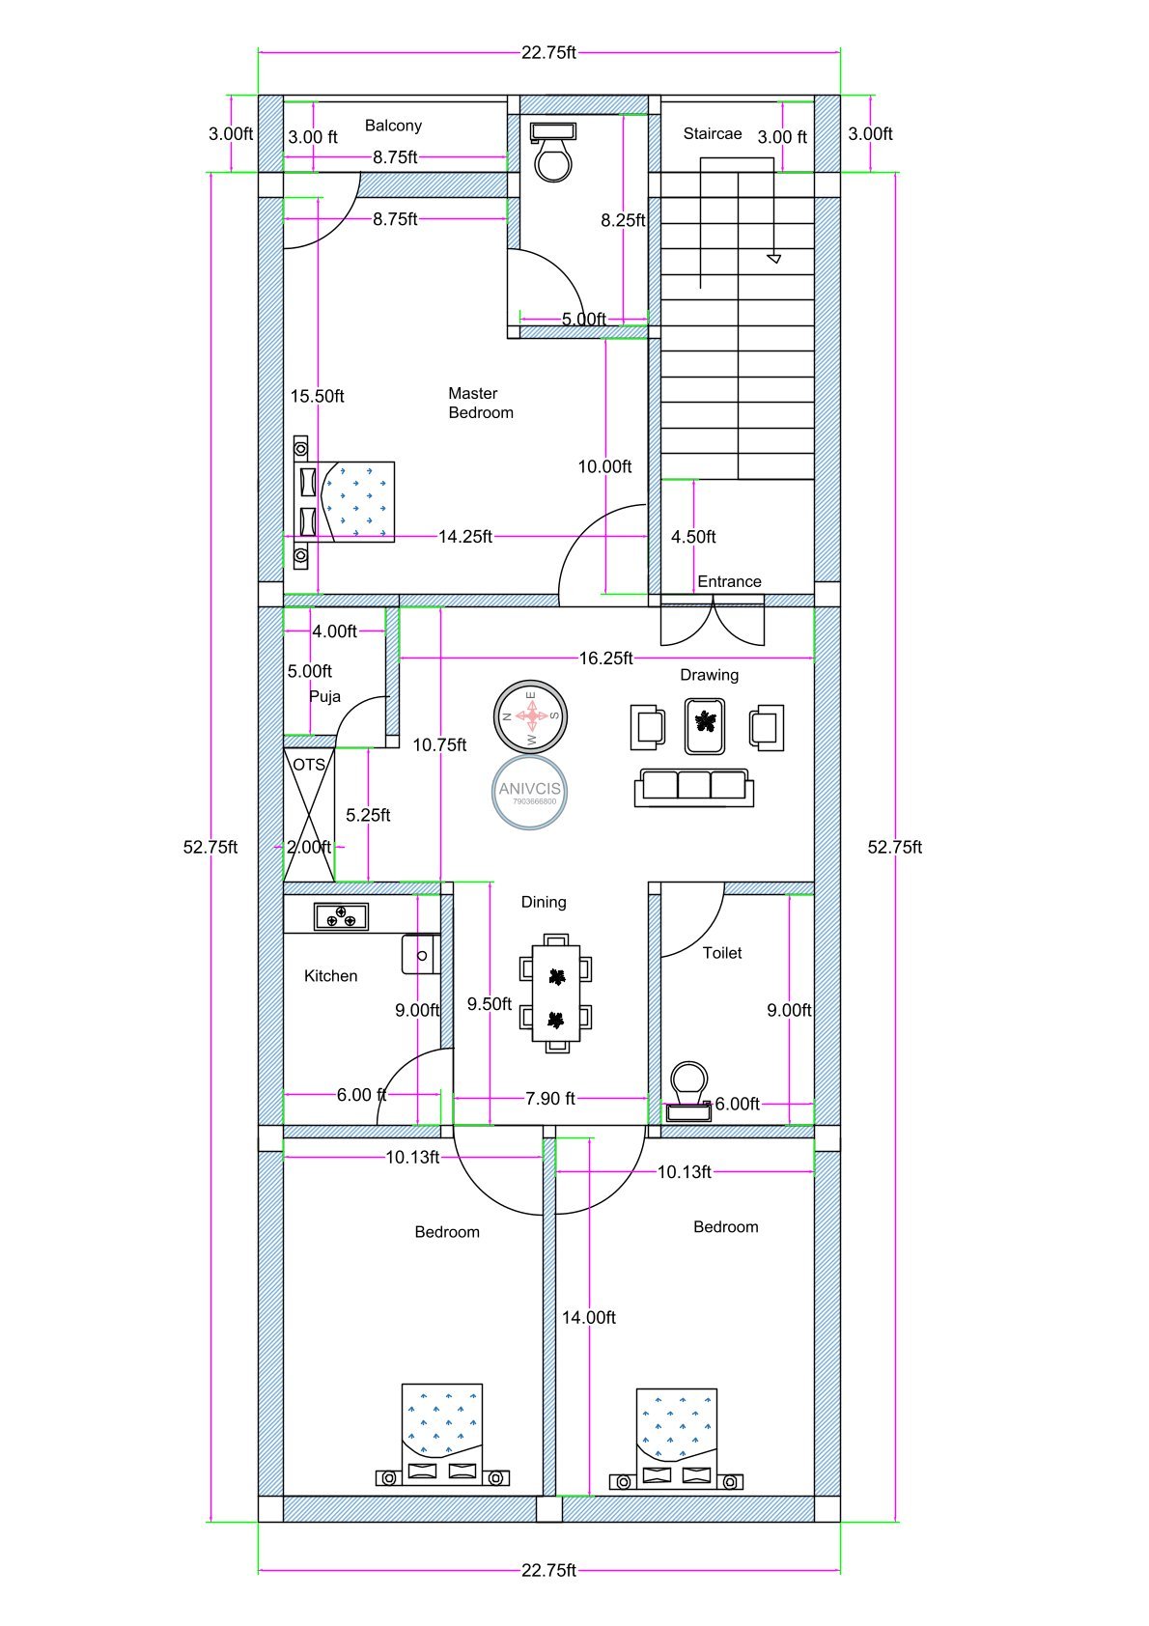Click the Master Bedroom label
click(480, 403)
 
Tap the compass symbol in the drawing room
click(530, 715)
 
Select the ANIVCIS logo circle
click(529, 792)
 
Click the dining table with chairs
click(555, 993)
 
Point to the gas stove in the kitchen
click(341, 916)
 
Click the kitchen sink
click(421, 954)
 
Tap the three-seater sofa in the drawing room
click(693, 786)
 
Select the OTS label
click(309, 764)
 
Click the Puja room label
click(324, 696)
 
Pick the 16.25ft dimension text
click(605, 659)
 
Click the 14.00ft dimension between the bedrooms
click(588, 1317)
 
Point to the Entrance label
click(729, 581)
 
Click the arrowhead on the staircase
click(773, 258)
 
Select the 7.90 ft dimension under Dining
click(549, 1098)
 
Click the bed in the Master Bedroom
click(356, 501)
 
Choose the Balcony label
click(393, 126)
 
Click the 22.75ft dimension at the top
click(548, 52)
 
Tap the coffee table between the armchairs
click(706, 725)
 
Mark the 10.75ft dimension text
click(439, 744)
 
